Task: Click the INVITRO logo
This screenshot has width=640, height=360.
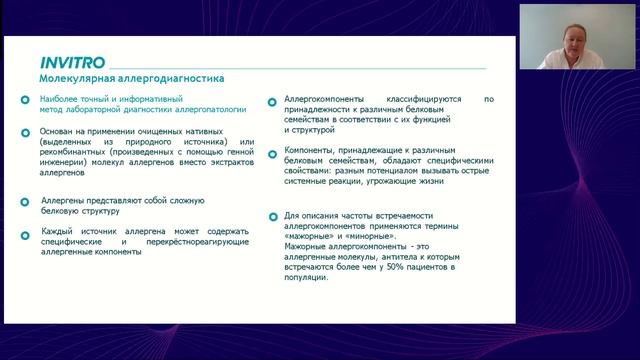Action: point(68,59)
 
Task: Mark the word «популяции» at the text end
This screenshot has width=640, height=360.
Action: point(306,278)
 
